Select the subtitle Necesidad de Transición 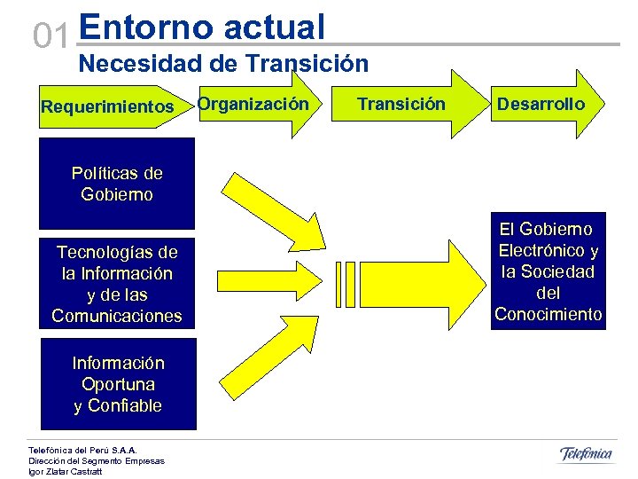click(x=223, y=64)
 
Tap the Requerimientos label click(x=107, y=106)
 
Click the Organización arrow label click(x=253, y=105)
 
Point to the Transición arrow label click(x=401, y=105)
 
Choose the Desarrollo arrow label click(x=541, y=105)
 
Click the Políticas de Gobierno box click(x=117, y=184)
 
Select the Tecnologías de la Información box click(x=117, y=284)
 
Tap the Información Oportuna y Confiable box click(x=117, y=385)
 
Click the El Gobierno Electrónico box click(x=548, y=271)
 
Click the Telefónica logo click(x=586, y=455)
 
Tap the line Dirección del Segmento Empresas click(x=97, y=460)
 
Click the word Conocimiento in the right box click(x=548, y=315)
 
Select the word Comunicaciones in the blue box click(x=117, y=316)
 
